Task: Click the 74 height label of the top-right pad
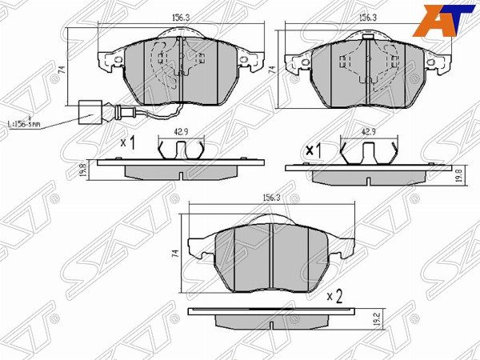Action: point(272,70)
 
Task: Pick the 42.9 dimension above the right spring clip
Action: point(368,132)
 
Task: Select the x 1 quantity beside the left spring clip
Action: point(127,142)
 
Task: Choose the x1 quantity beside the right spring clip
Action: point(314,150)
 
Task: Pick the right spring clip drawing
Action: point(369,150)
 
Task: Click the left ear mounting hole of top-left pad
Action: point(118,61)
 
